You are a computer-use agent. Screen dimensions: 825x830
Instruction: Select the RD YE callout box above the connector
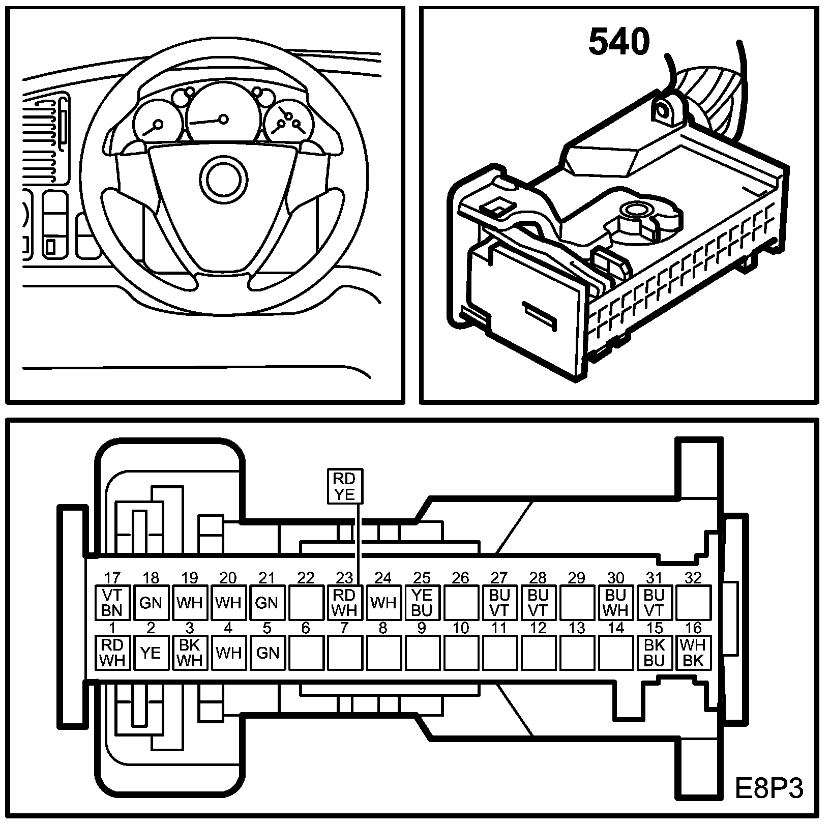point(344,486)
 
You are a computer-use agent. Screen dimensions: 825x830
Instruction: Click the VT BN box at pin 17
point(112,602)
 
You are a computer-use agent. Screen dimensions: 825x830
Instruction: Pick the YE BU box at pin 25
point(422,602)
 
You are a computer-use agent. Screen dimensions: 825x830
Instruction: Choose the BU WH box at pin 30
point(615,602)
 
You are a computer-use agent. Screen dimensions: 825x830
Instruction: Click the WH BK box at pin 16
point(693,652)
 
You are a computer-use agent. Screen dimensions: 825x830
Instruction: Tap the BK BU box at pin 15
point(654,652)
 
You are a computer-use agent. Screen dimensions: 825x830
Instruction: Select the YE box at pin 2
point(151,652)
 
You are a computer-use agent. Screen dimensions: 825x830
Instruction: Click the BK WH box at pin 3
point(190,652)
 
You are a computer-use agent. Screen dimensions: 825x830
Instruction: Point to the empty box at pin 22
point(306,602)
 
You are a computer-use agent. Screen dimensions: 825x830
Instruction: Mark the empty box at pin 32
point(693,602)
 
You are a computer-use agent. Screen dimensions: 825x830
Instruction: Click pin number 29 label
point(577,578)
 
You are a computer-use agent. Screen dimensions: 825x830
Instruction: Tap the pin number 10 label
point(461,628)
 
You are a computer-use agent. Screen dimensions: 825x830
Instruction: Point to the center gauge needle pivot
point(223,120)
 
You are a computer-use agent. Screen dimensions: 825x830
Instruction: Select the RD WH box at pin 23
point(344,602)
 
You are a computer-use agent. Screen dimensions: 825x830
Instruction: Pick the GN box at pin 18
point(151,602)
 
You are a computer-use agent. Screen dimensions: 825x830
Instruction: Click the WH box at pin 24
point(383,602)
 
